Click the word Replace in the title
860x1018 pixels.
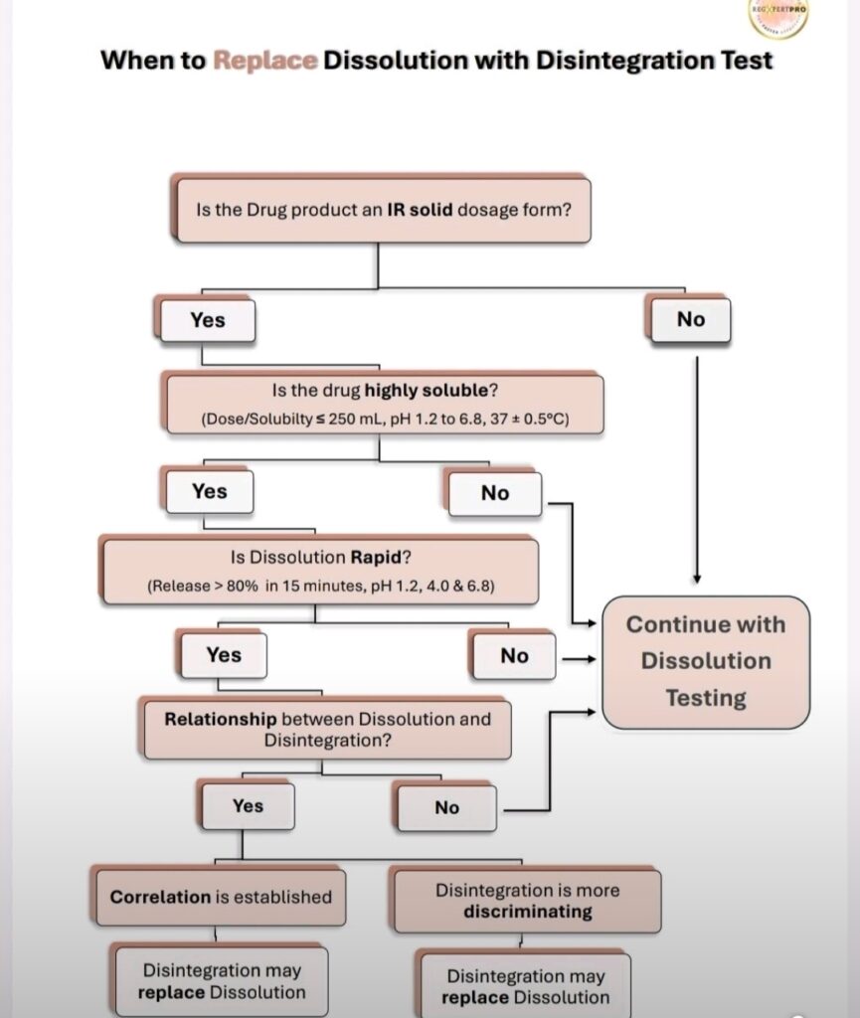266,60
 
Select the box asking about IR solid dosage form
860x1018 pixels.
382,211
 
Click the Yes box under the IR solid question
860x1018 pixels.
208,320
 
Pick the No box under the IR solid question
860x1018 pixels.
690,320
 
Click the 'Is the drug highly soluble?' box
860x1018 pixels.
385,404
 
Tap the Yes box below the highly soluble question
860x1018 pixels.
210,491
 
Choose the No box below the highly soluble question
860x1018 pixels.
494,493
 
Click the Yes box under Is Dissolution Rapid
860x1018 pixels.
224,654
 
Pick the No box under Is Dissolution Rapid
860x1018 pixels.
514,656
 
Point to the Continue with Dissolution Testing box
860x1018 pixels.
706,661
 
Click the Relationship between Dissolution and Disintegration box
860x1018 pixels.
327,729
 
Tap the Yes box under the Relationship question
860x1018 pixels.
248,806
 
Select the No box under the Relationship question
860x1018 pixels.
446,808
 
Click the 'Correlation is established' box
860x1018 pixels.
221,897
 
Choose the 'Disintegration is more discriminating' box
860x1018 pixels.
527,901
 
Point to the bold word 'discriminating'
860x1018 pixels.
527,912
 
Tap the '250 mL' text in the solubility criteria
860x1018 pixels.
350,420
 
